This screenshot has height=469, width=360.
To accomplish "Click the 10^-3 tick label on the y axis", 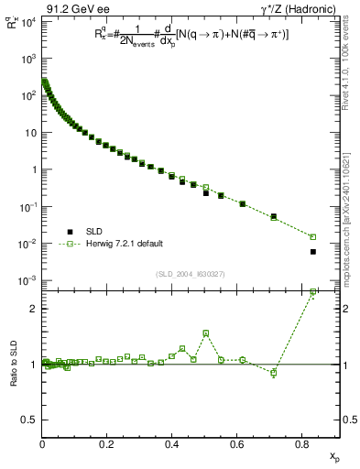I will click(27, 280).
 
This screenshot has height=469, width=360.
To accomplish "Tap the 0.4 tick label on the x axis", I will click(172, 446).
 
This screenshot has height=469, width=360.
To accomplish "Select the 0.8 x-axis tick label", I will click(301, 446).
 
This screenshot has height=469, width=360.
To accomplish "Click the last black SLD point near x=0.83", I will click(312, 252).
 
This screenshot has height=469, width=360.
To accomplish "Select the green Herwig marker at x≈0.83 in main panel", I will click(312, 236).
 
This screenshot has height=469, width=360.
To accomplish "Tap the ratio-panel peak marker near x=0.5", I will click(205, 333).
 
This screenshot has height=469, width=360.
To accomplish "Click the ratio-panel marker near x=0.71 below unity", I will click(273, 372).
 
